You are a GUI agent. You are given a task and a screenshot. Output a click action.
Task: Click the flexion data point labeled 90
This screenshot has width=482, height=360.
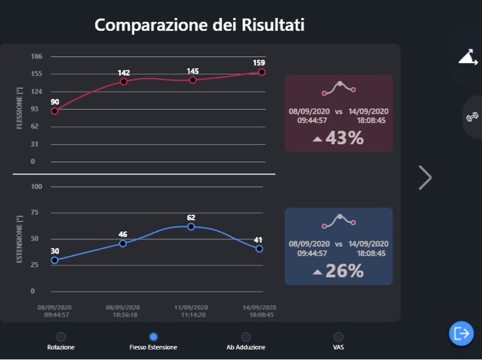55,111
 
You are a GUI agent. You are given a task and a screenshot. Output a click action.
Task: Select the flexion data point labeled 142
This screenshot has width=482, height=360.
124,82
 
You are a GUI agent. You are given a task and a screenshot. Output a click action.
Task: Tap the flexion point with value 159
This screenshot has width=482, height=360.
262,72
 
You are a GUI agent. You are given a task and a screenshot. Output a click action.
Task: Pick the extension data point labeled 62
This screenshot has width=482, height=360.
191,227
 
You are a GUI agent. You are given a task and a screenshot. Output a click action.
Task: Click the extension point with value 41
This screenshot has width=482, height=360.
259,249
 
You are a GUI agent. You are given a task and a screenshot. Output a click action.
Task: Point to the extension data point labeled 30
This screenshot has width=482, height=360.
55,260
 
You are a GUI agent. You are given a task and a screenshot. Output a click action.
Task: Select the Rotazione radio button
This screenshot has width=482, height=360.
61,336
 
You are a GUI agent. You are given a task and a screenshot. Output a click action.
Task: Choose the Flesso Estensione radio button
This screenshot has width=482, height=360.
153,336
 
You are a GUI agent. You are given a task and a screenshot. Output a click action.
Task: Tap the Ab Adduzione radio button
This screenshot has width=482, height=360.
246,336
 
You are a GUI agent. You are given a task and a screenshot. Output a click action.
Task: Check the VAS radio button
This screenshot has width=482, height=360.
339,336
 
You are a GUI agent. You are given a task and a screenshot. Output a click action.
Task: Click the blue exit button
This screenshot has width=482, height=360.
462,333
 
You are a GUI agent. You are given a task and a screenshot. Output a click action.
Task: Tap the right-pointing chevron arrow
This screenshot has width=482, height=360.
425,178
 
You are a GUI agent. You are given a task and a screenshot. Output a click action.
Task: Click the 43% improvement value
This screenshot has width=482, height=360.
345,138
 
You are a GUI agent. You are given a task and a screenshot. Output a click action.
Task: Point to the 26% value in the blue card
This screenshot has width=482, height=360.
345,271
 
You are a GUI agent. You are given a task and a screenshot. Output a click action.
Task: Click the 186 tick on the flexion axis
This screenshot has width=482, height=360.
36,56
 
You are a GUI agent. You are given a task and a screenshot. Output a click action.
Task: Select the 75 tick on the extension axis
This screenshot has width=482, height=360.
35,212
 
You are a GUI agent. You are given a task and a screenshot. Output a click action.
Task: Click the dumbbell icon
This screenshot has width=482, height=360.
472,117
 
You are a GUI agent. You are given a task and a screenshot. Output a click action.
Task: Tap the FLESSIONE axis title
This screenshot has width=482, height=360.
19,108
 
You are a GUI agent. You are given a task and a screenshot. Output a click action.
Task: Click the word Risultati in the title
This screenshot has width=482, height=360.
273,25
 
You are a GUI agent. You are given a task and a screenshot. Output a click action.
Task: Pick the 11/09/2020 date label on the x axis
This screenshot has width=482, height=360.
191,307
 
